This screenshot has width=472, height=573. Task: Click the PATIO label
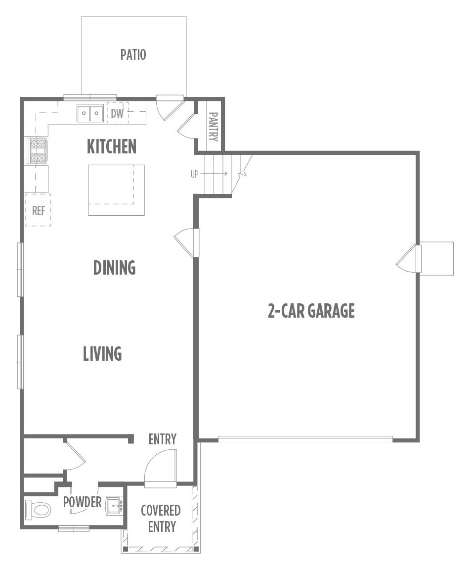click(x=133, y=54)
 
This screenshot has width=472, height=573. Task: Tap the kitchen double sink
click(x=90, y=113)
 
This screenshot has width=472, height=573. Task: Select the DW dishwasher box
click(x=117, y=113)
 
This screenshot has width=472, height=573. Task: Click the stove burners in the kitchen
click(x=38, y=150)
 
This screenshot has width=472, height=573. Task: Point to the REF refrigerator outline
click(x=38, y=210)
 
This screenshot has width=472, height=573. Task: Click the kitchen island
click(x=117, y=190)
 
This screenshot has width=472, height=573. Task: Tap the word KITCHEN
click(x=112, y=146)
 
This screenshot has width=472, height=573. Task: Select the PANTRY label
click(x=213, y=127)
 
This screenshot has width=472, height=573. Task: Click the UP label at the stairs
click(x=195, y=174)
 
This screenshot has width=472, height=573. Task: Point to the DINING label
click(x=114, y=268)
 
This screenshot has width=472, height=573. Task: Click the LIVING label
click(x=102, y=354)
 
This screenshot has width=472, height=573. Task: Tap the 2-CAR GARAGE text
click(x=311, y=311)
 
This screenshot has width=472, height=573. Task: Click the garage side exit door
click(x=409, y=258)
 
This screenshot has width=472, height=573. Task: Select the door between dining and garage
click(x=186, y=243)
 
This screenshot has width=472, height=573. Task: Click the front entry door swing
click(x=161, y=468)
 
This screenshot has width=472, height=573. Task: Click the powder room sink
click(x=115, y=506)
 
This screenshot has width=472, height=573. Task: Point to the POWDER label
click(x=82, y=502)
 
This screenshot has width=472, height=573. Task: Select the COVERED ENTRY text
click(x=161, y=519)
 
